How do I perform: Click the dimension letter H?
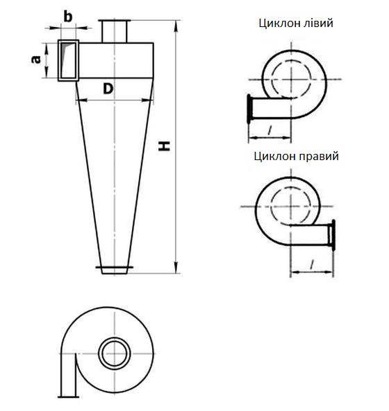[165, 146]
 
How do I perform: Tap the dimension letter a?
[35, 60]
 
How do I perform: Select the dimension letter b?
[68, 16]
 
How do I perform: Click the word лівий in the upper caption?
[317, 24]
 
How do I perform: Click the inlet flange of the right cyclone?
[334, 234]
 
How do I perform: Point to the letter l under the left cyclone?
[270, 128]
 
